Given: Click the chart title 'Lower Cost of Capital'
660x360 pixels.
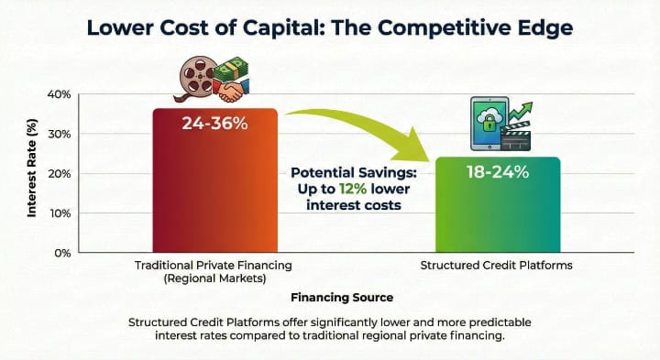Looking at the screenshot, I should [329, 27].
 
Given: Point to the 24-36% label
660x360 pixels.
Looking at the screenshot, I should [214, 123].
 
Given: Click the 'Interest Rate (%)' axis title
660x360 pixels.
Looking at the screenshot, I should [32, 174].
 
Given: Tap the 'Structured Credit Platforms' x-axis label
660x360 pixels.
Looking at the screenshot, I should [496, 267].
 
